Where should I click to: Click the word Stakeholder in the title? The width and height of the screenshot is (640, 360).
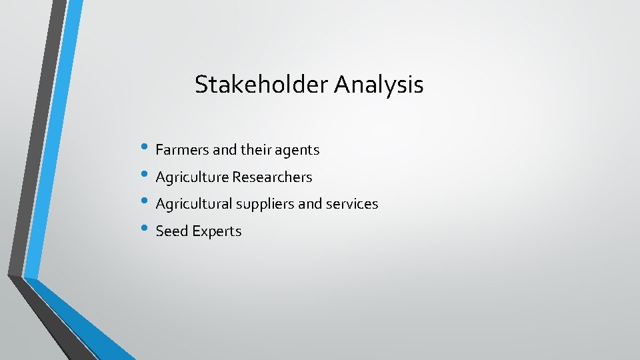point(262,85)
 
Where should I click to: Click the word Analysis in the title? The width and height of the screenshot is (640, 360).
point(379,85)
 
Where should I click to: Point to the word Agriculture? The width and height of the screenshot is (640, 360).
point(192,177)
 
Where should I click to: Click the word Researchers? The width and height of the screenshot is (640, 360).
point(272,177)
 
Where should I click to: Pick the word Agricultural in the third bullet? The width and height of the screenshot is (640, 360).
point(195,204)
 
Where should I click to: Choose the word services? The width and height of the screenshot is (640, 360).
point(353,204)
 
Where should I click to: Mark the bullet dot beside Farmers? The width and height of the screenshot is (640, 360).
point(146,149)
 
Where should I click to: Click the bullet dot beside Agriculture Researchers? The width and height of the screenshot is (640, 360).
point(146,176)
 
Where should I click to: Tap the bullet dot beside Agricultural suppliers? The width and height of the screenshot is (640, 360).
point(146,203)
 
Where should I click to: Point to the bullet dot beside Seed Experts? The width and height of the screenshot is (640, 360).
point(146,230)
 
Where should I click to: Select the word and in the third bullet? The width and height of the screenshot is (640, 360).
point(310,204)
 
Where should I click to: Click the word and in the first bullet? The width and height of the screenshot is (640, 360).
point(225,150)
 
